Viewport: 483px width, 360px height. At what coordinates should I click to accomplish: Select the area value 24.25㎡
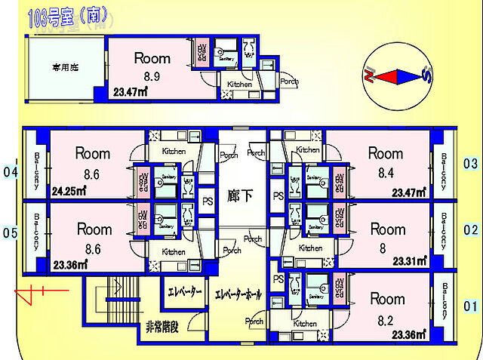point(69,192)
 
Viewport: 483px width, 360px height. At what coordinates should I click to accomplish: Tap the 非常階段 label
point(163,327)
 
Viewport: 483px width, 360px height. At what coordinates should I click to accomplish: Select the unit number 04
point(10,172)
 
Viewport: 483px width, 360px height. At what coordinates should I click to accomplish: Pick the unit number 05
point(10,232)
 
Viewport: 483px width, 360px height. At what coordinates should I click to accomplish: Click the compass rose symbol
point(396,76)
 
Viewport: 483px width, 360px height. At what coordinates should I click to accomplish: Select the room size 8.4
point(386,174)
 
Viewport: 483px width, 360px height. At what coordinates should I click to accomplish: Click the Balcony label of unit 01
point(446,300)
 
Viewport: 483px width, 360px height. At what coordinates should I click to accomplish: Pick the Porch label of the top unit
point(288,82)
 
